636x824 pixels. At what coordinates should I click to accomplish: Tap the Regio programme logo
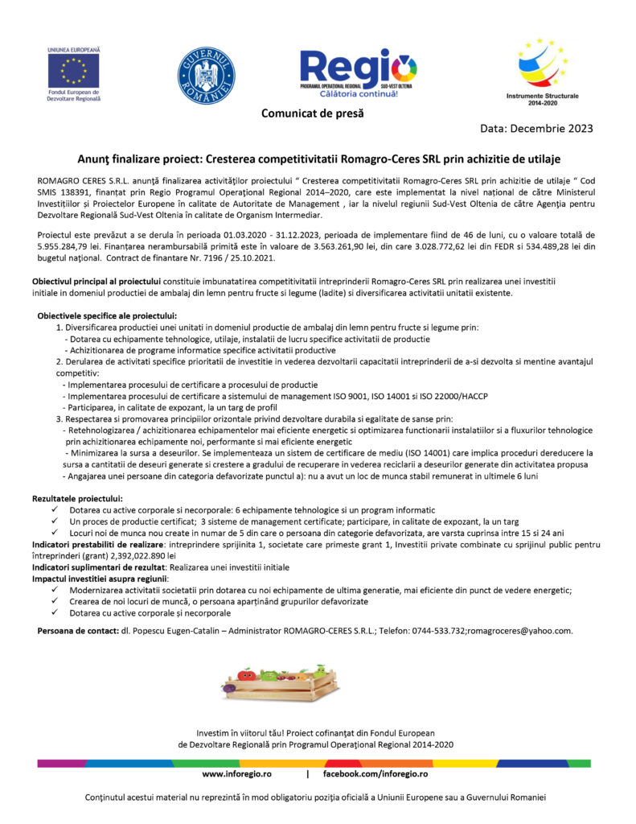[359, 71]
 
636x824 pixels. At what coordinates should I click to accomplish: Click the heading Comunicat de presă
[312, 113]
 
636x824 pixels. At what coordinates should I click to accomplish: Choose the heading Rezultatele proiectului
[77, 499]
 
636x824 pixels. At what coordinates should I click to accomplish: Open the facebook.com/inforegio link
[375, 773]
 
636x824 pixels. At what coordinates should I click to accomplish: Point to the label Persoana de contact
[77, 631]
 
